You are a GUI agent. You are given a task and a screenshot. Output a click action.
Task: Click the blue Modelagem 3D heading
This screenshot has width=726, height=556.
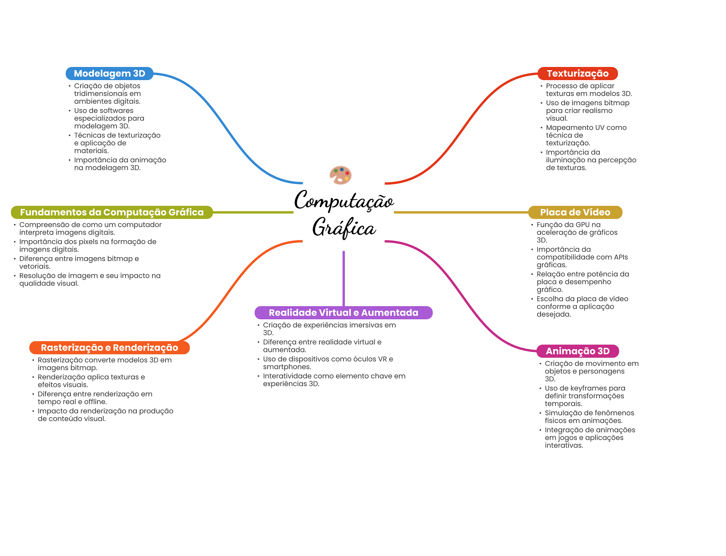click(109, 73)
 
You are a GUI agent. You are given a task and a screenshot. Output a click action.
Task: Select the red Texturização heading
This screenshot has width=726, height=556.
click(577, 73)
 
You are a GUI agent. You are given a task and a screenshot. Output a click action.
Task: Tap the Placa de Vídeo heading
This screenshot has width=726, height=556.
click(575, 212)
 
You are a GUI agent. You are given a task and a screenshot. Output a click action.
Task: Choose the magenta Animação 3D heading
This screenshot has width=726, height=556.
click(577, 351)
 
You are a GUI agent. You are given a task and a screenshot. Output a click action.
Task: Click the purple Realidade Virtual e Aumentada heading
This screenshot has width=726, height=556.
click(344, 313)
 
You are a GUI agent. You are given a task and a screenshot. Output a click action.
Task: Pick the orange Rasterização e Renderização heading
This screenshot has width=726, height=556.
click(110, 348)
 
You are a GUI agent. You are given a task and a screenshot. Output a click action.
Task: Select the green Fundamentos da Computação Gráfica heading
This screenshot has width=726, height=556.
click(112, 212)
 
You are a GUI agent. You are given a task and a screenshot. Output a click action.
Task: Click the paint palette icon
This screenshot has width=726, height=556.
click(340, 175)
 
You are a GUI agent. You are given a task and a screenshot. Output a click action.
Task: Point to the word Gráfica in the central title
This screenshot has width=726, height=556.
click(344, 228)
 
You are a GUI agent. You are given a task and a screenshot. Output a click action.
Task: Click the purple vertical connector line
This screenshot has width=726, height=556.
click(344, 278)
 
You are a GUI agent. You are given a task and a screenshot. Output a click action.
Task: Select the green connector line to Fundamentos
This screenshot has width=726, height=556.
click(253, 212)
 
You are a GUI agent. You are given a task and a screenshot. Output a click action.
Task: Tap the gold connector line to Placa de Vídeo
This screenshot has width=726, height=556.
click(461, 212)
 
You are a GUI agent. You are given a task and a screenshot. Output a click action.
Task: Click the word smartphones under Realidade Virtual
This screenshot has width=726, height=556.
click(287, 367)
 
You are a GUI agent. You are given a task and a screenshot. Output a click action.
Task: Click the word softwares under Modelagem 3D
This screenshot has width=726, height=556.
click(116, 111)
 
